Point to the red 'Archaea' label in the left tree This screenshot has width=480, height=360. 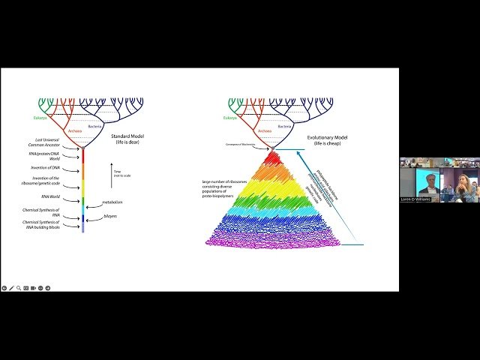tap(74, 130)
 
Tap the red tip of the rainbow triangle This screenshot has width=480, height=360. tap(272, 157)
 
